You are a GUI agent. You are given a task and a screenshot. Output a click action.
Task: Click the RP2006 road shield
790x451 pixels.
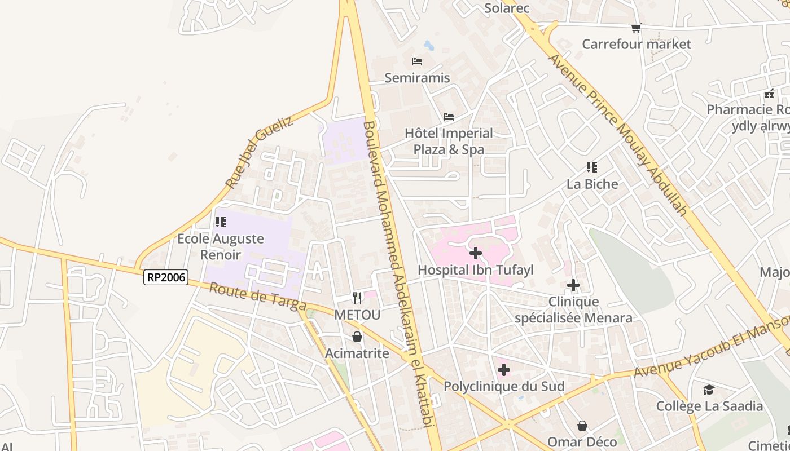pyautogui.click(x=165, y=277)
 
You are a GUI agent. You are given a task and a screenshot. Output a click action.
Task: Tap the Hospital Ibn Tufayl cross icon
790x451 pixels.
pyautogui.click(x=476, y=253)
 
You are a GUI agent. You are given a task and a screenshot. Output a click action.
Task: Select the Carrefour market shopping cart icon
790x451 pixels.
pyautogui.click(x=637, y=28)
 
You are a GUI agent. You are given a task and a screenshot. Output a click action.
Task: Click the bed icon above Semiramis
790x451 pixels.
pyautogui.click(x=417, y=61)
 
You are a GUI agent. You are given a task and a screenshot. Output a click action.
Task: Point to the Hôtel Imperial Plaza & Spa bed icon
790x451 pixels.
pyautogui.click(x=449, y=117)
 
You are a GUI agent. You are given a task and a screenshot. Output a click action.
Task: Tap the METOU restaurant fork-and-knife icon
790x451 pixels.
pyautogui.click(x=357, y=298)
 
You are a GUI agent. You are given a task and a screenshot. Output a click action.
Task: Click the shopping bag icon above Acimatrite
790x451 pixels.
pyautogui.click(x=357, y=337)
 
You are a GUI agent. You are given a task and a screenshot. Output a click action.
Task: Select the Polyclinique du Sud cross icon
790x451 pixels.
pyautogui.click(x=504, y=370)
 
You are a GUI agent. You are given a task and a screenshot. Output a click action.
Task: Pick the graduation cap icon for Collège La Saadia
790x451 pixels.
pyautogui.click(x=709, y=390)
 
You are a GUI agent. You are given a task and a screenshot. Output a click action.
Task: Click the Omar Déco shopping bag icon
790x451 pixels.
pyautogui.click(x=582, y=425)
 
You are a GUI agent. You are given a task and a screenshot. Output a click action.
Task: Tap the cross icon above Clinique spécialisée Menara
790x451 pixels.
pyautogui.click(x=573, y=285)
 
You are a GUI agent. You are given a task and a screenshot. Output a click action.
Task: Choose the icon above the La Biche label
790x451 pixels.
pyautogui.click(x=592, y=167)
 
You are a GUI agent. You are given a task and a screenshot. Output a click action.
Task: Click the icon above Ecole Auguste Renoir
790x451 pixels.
pyautogui.click(x=221, y=222)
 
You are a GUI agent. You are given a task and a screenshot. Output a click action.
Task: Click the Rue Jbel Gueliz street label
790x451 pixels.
pyautogui.click(x=259, y=152)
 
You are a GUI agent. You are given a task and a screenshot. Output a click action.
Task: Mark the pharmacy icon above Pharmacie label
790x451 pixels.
pyautogui.click(x=769, y=94)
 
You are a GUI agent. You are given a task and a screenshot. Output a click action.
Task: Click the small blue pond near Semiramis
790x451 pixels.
pyautogui.click(x=429, y=45)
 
